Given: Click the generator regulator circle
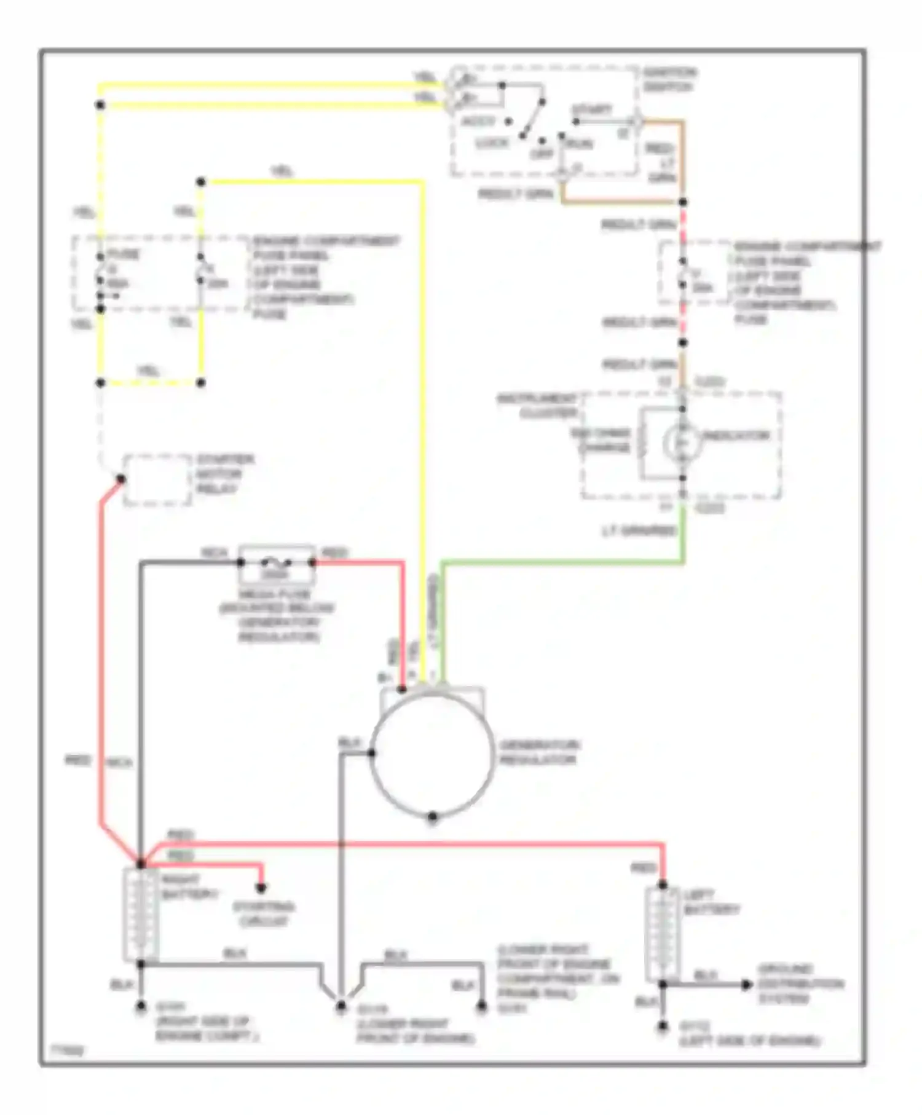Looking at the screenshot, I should (x=432, y=754).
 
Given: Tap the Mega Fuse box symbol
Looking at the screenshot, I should (x=277, y=563).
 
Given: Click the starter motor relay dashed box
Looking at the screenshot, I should (x=157, y=480).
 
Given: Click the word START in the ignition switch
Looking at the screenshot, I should (x=591, y=110).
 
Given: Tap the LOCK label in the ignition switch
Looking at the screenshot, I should (x=492, y=143).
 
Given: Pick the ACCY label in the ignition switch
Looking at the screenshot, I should (x=478, y=121).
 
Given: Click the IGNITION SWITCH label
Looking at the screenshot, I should (x=669, y=80).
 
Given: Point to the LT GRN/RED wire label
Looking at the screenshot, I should (x=639, y=530).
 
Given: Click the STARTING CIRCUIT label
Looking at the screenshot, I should (x=263, y=914).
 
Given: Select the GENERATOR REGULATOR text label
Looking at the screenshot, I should (x=538, y=752).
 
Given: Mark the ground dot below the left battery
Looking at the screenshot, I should (x=662, y=1026).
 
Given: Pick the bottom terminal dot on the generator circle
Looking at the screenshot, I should (x=432, y=817).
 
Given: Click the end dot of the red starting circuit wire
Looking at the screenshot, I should (x=261, y=888).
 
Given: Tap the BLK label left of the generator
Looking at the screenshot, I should (x=349, y=743).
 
